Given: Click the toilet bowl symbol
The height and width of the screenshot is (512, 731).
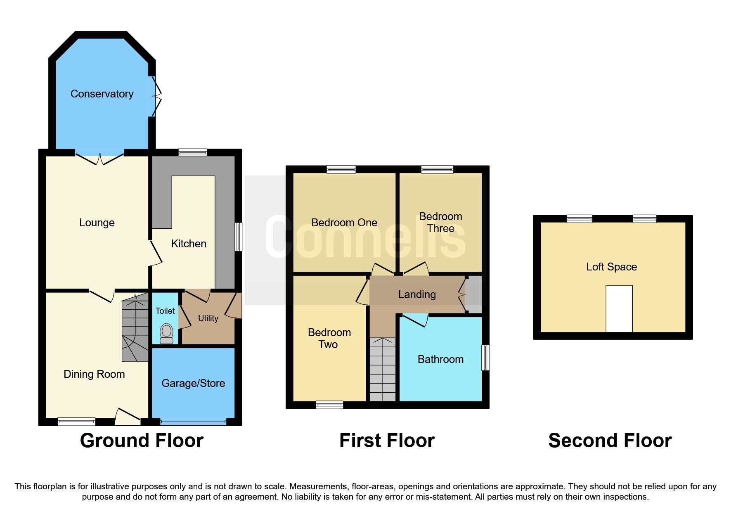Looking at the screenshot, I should (x=166, y=333).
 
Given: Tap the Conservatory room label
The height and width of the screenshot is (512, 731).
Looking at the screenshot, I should (x=102, y=94).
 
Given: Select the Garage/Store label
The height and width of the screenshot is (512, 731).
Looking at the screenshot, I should (x=193, y=383).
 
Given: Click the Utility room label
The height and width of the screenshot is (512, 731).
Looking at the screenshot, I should (x=208, y=318).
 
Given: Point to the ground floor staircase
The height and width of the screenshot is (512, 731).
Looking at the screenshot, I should (x=135, y=328).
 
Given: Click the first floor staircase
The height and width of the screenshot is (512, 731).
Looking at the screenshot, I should (x=382, y=370).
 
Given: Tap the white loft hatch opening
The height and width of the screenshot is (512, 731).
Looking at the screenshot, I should (x=619, y=308).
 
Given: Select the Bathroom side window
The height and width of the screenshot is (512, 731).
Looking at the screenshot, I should (x=486, y=358).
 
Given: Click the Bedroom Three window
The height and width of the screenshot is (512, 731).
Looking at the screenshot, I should (x=437, y=169).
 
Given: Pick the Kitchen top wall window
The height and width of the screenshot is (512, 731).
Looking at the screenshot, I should (x=193, y=152).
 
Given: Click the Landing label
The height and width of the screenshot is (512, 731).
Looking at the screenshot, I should (x=417, y=294).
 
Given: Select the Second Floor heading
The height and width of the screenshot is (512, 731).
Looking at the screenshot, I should (x=610, y=441).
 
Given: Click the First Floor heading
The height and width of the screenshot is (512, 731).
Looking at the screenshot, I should (x=387, y=441).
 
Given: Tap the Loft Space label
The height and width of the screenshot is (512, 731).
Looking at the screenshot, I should (x=611, y=267).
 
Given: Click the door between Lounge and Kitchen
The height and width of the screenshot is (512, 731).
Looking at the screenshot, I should (x=155, y=253).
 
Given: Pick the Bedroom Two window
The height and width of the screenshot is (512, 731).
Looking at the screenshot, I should (x=329, y=405).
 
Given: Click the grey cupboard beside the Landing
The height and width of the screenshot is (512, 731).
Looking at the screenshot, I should (x=474, y=294).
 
